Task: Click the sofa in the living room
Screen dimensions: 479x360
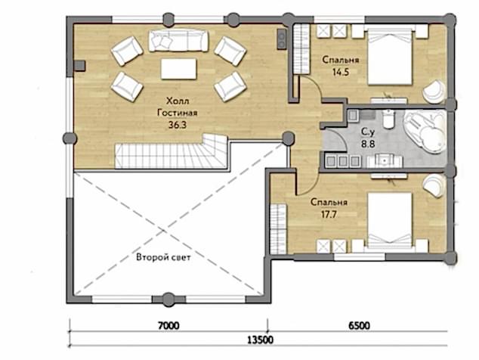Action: [x=179, y=40]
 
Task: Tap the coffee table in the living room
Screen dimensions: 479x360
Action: [x=179, y=69]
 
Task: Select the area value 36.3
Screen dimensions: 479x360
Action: [x=178, y=125]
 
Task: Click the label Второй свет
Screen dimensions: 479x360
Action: [x=163, y=257]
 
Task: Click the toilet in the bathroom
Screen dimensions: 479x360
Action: [x=389, y=119]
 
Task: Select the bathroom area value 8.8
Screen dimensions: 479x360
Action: [x=368, y=144]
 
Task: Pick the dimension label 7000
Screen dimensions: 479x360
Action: [x=168, y=326]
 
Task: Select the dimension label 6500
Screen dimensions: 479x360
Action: [x=360, y=326]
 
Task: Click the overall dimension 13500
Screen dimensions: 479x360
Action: [x=260, y=340]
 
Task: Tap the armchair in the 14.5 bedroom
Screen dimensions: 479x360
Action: [x=434, y=92]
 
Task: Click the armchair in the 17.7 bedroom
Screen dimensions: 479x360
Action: [x=434, y=185]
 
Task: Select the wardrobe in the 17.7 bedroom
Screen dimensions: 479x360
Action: [x=278, y=229]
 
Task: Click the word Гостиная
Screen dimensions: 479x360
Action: [x=178, y=113]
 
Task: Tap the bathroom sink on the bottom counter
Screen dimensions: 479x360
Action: [x=385, y=161]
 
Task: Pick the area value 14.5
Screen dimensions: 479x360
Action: [x=340, y=72]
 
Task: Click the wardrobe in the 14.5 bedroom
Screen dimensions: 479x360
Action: [x=301, y=49]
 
